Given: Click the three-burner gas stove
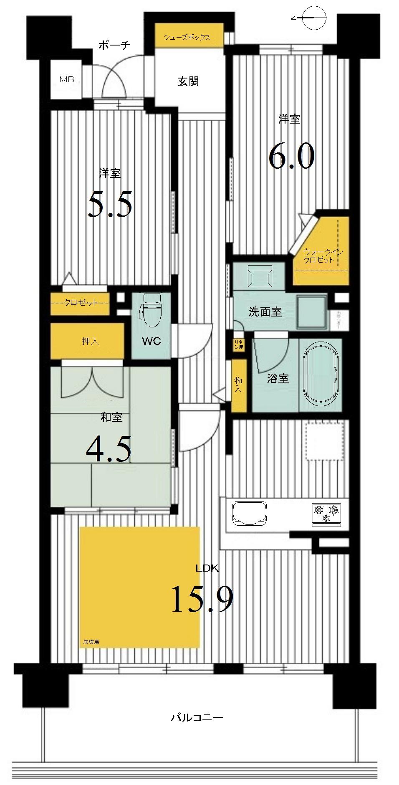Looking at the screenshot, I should pos(326,513).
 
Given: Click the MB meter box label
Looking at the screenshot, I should pos(67,79).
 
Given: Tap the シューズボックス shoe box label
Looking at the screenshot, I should pos(187,37).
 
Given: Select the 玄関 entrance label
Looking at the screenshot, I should pos(188,81).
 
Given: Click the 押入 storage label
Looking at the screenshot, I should pos(90,341).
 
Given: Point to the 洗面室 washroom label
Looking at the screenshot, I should pos(265,311).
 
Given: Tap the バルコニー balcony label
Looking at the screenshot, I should pos(197,717).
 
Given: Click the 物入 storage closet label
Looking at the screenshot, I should pos(239,384).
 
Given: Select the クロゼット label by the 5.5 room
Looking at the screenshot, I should pos(81,303).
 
